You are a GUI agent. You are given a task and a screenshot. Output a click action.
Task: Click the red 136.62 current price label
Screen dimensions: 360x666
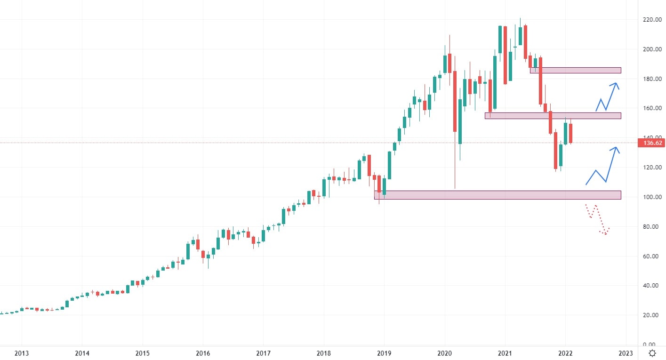pos(651,143)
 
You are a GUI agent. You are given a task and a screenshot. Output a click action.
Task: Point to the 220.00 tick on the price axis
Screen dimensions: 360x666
pos(651,20)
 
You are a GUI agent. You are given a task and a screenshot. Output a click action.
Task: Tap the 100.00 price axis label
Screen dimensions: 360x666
pos(651,197)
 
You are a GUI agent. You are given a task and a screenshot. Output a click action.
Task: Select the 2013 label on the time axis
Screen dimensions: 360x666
pos(22,353)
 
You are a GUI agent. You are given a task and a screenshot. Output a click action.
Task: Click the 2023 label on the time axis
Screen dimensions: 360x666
pos(625,353)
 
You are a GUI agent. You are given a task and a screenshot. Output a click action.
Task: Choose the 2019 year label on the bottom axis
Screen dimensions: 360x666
pos(384,353)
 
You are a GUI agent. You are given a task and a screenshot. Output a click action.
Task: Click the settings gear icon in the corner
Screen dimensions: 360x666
pos(652,353)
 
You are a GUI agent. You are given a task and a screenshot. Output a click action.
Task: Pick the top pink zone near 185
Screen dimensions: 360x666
pos(575,71)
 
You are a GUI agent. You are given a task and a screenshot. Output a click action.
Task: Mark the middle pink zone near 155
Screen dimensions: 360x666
pos(553,115)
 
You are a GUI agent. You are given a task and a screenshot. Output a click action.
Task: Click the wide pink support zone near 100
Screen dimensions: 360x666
pos(497,195)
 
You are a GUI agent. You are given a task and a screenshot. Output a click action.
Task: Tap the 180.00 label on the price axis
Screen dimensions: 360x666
pos(651,79)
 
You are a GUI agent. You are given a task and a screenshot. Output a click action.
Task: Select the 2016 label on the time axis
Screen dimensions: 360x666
pos(203,353)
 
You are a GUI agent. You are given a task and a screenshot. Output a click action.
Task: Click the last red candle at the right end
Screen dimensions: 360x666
pos(570,134)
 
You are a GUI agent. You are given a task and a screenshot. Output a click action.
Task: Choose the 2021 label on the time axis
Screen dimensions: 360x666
pos(505,353)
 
